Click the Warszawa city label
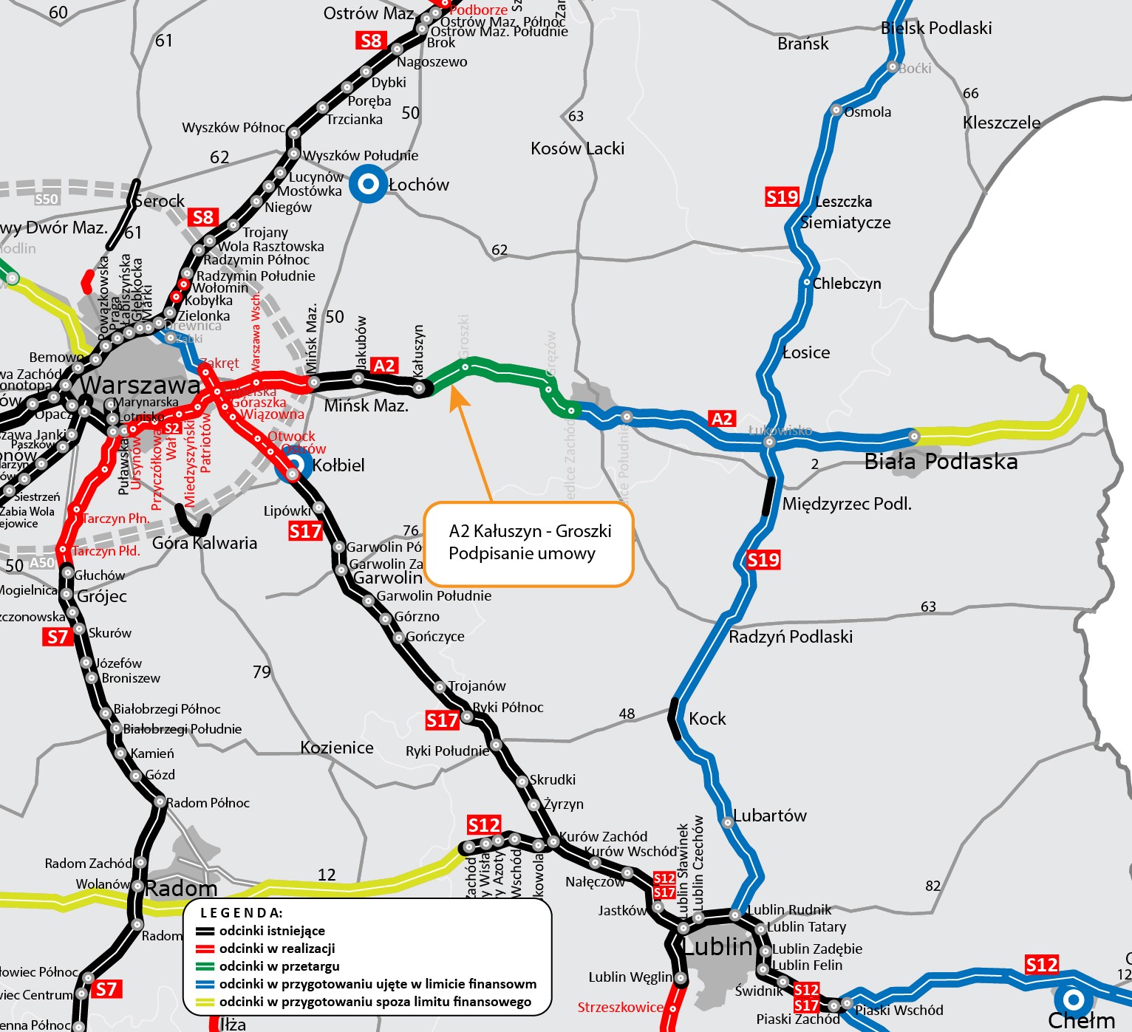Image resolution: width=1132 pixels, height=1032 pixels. coord(140,385)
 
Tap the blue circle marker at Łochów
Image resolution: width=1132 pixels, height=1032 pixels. coord(368,184)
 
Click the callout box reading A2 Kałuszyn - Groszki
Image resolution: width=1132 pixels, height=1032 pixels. coord(529,544)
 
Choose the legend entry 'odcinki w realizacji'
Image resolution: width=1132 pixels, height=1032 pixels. coord(277,949)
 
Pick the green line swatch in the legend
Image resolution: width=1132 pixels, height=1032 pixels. coord(205,966)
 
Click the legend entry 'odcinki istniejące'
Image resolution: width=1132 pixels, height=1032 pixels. coord(272,931)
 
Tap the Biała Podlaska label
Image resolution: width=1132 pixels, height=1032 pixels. coord(941,462)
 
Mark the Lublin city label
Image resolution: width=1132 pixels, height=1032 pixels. coord(717,946)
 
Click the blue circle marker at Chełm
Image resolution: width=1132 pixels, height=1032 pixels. coord(1073,1000)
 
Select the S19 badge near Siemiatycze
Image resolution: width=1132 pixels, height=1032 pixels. coord(782,197)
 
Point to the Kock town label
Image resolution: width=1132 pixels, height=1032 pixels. coord(707,719)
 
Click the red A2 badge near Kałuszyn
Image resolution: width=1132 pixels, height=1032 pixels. coord(384,366)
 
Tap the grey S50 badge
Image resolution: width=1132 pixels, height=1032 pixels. coord(47,199)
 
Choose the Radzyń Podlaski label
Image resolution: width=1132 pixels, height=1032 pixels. coord(791,637)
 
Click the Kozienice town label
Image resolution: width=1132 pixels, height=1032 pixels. coord(337,748)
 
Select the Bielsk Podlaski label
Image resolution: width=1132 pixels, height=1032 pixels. coord(936,28)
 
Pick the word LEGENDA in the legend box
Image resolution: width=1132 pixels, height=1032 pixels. coord(242,913)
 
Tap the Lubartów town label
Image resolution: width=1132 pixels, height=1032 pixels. coord(770,816)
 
